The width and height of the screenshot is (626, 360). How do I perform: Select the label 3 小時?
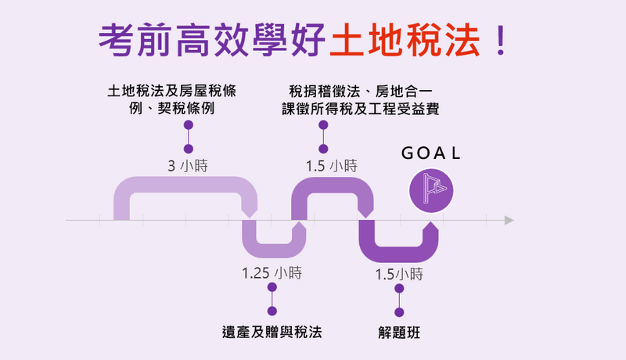coord(188,166)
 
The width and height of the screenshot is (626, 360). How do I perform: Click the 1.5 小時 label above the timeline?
coord(331,166)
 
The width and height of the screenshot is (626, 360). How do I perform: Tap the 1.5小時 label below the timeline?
coord(399,274)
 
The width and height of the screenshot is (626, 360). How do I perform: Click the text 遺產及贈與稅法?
coord(272,333)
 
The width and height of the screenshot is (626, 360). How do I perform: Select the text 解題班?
coord(399,333)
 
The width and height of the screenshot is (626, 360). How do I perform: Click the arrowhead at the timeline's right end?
coord(509,220)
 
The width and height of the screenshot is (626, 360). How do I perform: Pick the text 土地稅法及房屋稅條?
coord(172,91)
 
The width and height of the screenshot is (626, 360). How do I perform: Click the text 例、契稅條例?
coord(172,109)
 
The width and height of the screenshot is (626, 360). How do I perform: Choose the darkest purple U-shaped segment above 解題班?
coord(398,253)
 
